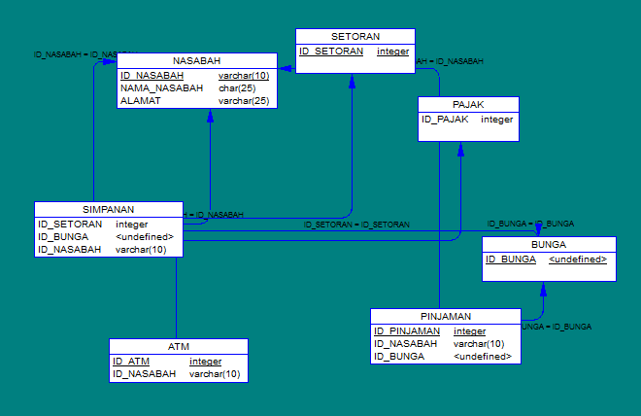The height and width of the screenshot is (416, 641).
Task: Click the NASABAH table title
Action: pyautogui.click(x=196, y=60)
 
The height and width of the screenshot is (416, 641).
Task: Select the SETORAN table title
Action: pyautogui.click(x=354, y=36)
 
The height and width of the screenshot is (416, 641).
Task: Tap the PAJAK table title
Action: pyautogui.click(x=468, y=104)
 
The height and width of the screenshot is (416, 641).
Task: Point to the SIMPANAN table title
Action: pyautogui.click(x=108, y=209)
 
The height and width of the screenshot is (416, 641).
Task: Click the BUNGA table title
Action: pyautogui.click(x=549, y=244)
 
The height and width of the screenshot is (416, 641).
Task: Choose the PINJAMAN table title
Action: pyautogui.click(x=446, y=316)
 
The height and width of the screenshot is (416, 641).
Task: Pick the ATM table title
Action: pyautogui.click(x=178, y=346)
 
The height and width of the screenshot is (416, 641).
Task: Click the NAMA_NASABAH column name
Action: pyautogui.click(x=161, y=87)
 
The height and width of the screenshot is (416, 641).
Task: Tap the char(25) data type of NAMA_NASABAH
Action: pyautogui.click(x=237, y=87)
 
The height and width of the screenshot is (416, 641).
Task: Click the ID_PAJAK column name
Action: pyautogui.click(x=445, y=120)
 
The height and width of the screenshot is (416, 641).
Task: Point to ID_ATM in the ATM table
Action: pyautogui.click(x=130, y=362)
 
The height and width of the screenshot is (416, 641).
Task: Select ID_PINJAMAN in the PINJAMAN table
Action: pyautogui.click(x=407, y=331)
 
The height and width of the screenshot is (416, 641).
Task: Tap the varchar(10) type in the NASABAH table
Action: pyautogui.click(x=244, y=76)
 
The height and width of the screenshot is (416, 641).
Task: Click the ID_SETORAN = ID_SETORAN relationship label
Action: pyautogui.click(x=355, y=225)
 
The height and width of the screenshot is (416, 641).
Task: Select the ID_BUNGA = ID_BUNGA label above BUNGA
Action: pyautogui.click(x=529, y=224)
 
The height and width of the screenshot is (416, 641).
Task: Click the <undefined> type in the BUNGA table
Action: pyautogui.click(x=577, y=260)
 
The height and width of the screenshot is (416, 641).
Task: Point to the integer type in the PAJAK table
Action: pyautogui.click(x=496, y=120)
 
